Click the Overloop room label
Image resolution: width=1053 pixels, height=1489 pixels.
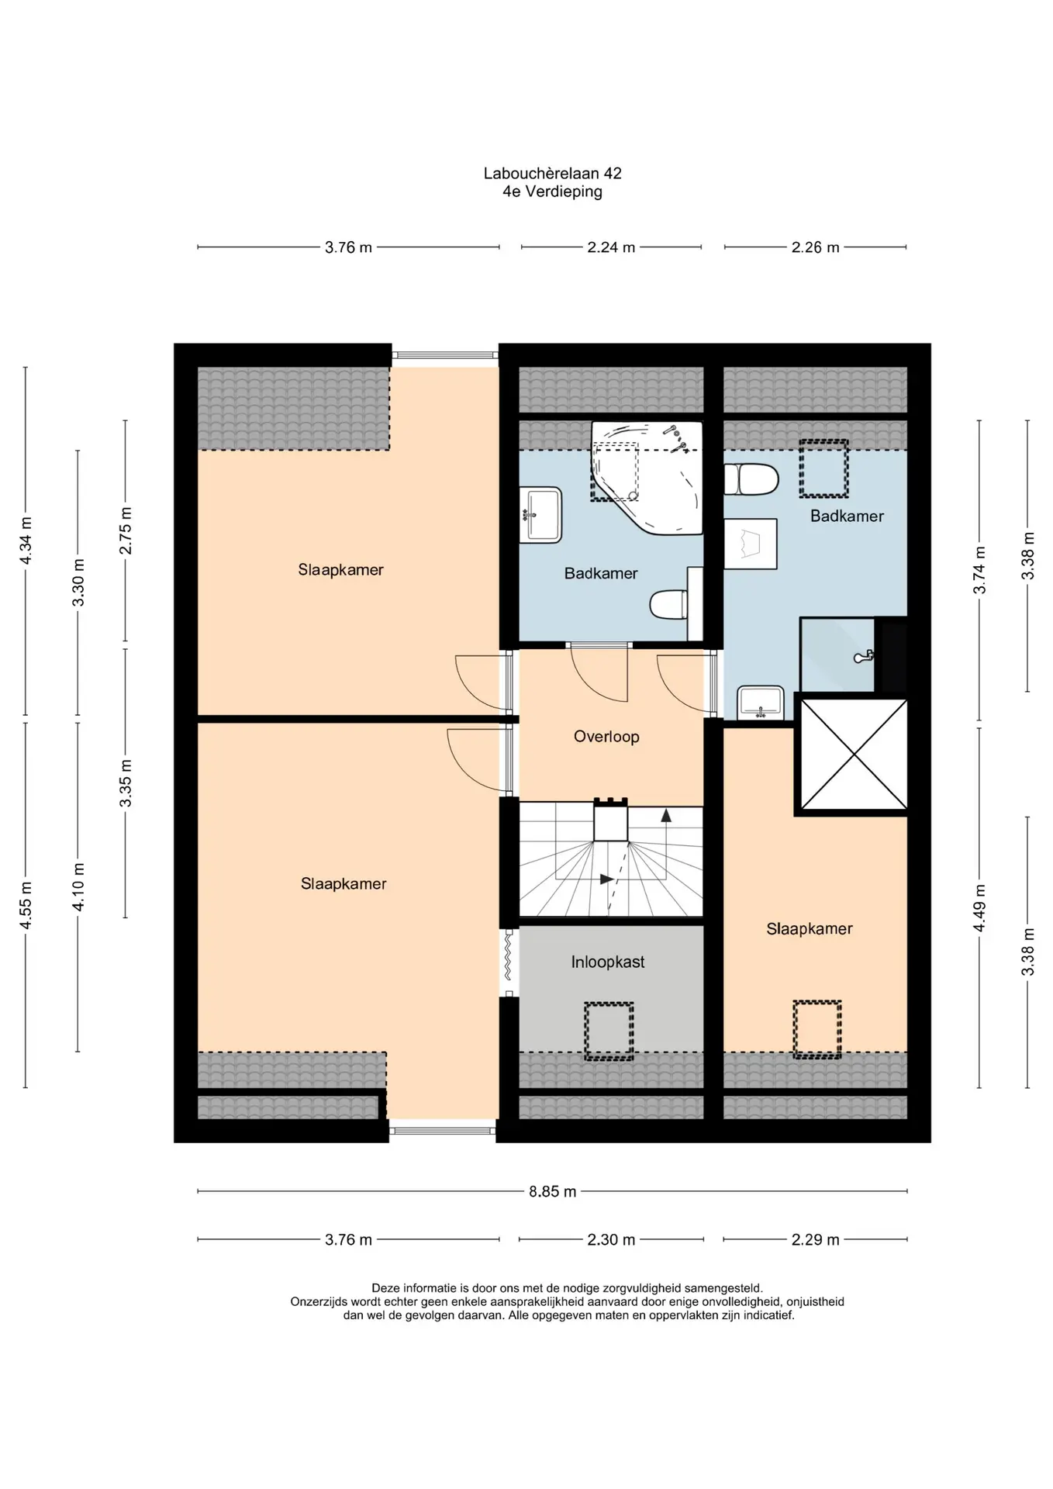pos(606,736)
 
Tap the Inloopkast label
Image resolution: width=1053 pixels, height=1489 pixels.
pos(608,962)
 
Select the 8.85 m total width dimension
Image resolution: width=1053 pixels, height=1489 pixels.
pos(553,1191)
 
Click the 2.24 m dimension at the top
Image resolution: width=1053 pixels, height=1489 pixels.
pos(611,247)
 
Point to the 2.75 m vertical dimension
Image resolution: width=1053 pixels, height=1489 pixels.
pos(126,530)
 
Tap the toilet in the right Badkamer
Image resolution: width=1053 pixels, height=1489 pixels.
pos(751,479)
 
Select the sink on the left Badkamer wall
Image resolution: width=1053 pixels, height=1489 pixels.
pos(540,514)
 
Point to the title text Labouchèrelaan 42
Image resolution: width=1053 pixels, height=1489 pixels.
pos(552,173)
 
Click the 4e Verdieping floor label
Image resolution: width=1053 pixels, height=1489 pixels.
pos(552,192)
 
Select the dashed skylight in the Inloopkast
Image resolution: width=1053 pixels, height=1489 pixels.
pos(609,1031)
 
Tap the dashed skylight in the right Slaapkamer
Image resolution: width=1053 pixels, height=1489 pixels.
pos(817,1029)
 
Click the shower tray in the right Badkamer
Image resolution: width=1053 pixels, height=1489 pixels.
pos(837,655)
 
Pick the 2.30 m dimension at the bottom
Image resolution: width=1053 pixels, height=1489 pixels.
pos(611,1239)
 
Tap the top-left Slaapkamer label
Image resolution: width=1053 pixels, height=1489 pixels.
pos(341,570)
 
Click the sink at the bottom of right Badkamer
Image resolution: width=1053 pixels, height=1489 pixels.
pos(760,702)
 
